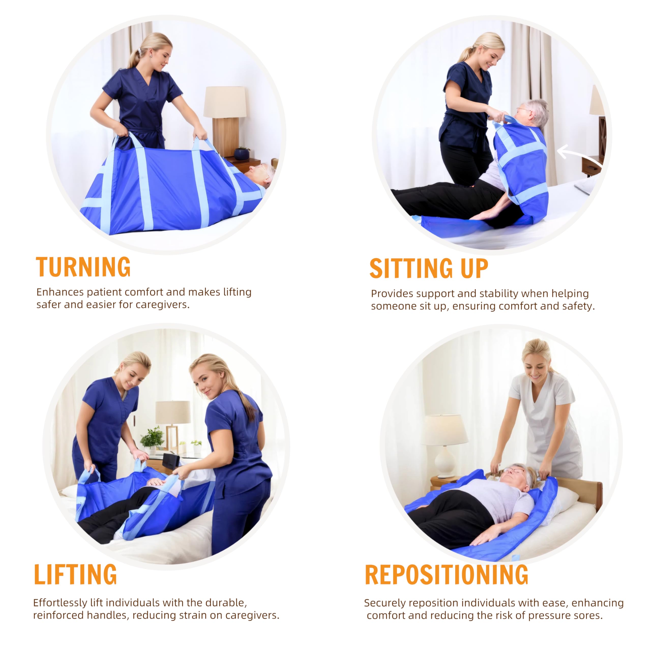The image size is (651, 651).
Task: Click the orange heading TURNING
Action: click(83, 267)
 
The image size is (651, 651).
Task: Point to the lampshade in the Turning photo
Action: click(225, 102)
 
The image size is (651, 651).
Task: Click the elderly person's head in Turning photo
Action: click(260, 174)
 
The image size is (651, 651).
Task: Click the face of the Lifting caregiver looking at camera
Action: click(204, 381)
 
